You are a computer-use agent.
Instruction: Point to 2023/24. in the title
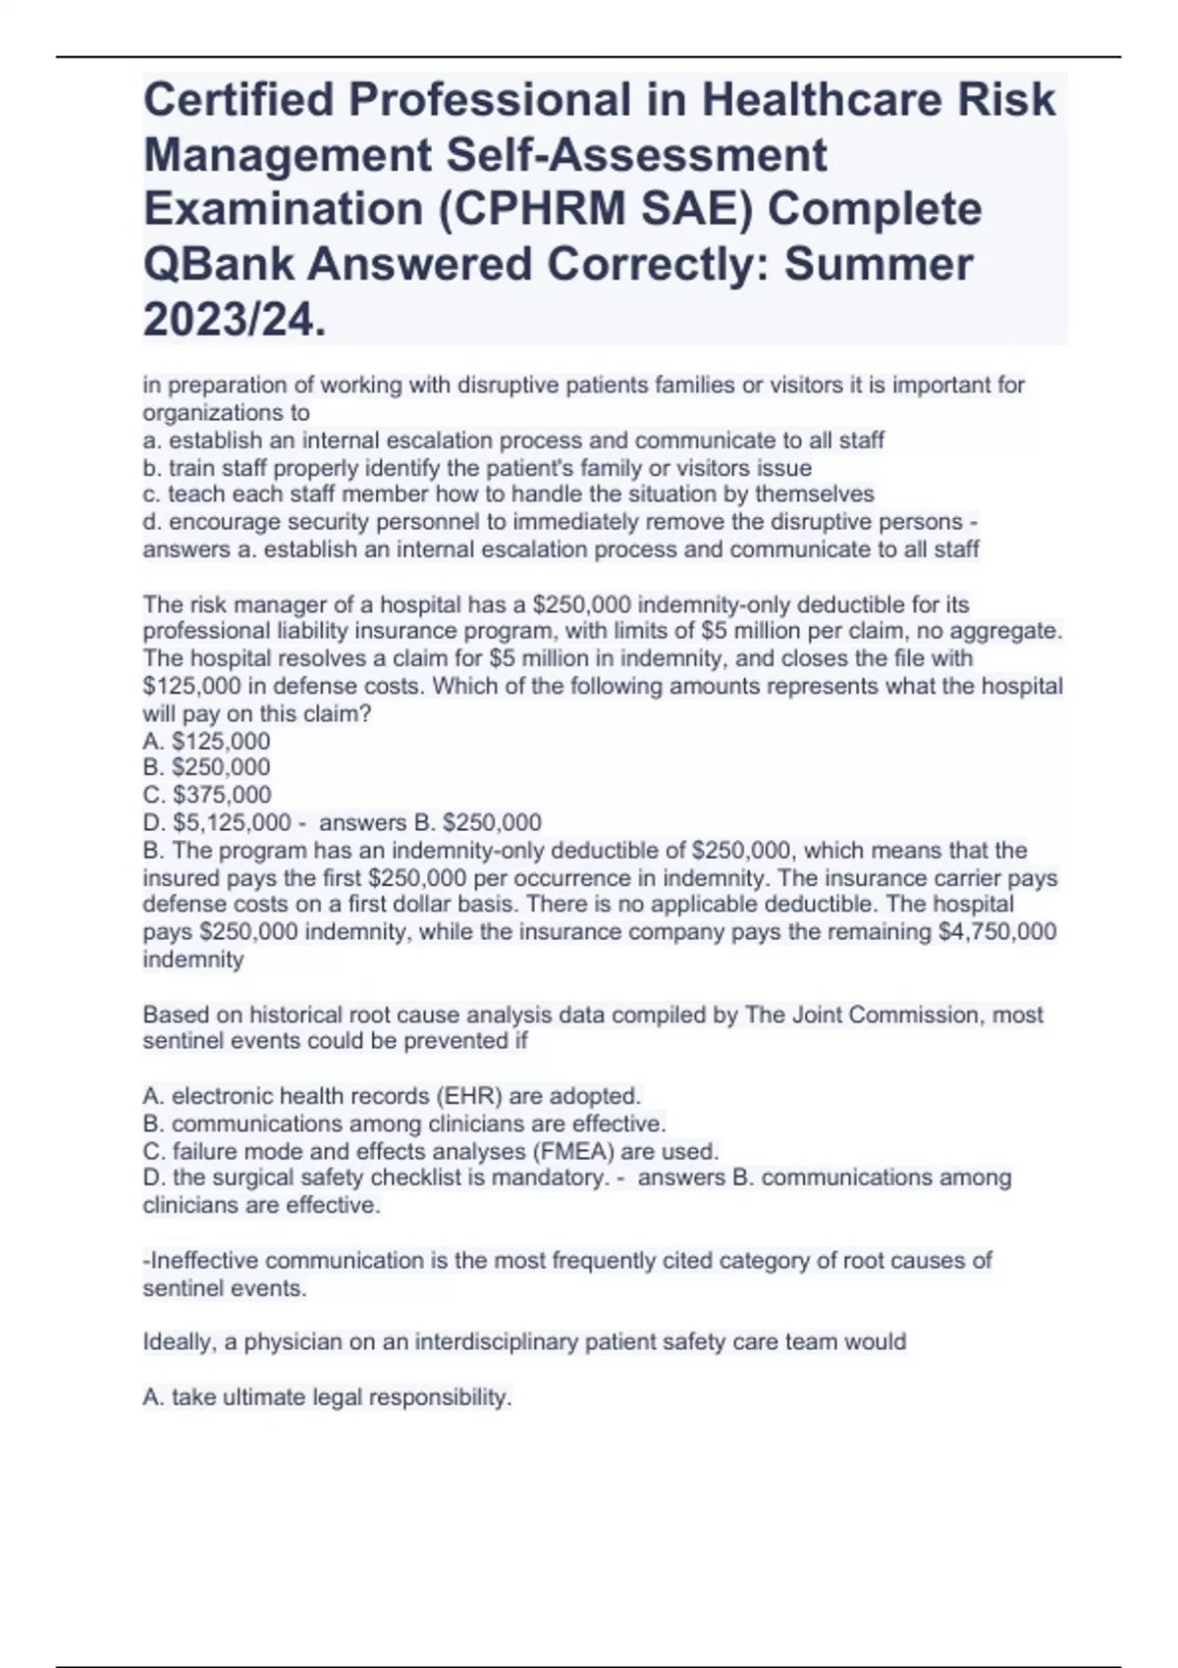click(234, 319)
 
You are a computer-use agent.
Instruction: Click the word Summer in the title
click(878, 264)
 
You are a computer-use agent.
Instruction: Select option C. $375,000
click(207, 795)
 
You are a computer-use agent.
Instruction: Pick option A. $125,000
click(206, 741)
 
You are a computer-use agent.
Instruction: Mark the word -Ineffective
click(201, 1260)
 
